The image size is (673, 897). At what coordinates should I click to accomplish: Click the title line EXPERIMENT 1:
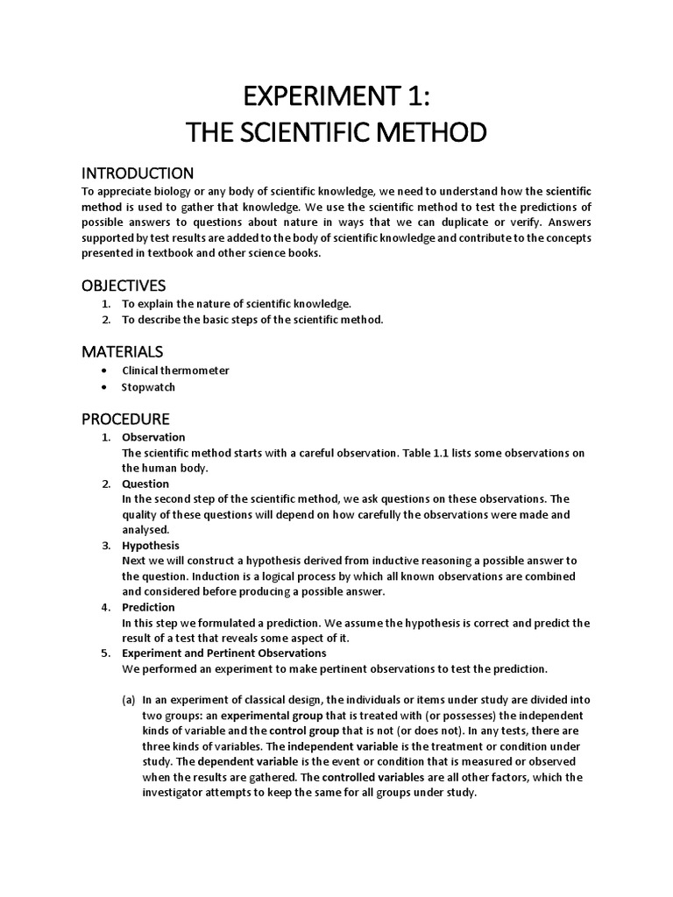click(x=336, y=94)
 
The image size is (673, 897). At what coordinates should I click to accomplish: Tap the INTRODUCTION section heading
click(x=138, y=173)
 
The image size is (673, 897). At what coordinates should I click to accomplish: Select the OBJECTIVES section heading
click(x=124, y=286)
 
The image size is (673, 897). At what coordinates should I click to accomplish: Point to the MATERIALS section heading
click(x=123, y=351)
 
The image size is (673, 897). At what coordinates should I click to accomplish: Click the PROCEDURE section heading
click(x=125, y=419)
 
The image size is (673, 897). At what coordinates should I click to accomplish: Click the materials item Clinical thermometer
click(x=175, y=371)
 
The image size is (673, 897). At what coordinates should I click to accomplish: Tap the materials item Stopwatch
click(x=148, y=387)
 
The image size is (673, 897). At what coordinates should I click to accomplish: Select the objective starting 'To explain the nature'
click(x=236, y=303)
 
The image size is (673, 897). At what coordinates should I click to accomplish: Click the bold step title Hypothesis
click(x=150, y=546)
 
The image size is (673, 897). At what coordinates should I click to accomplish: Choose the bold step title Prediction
click(x=148, y=607)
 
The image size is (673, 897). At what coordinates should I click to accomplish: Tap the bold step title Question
click(x=145, y=484)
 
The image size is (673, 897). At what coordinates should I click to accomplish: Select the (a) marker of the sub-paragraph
click(x=128, y=699)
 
